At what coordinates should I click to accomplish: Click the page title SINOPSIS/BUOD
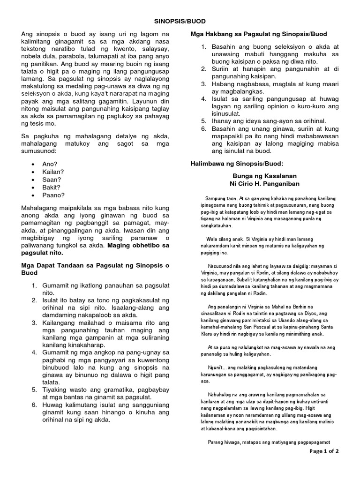(180, 21)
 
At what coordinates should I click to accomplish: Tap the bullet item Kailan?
(53, 172)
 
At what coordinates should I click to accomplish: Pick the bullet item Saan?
(52, 180)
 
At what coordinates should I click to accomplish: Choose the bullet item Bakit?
(52, 187)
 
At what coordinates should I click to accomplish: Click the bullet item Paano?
(53, 195)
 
